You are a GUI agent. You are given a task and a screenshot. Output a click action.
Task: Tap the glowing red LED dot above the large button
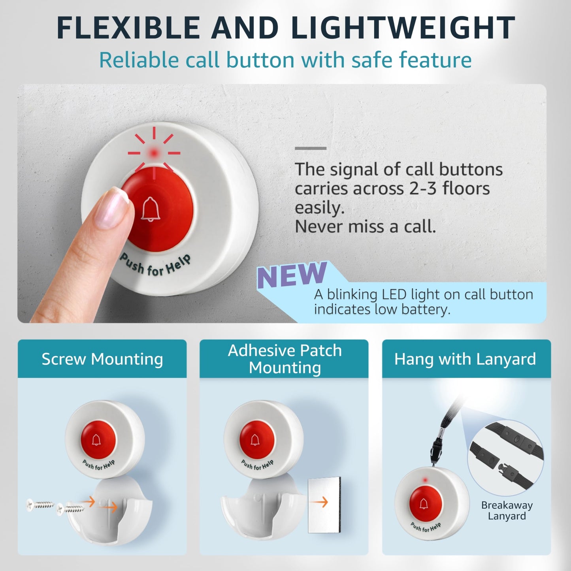pyautogui.click(x=153, y=152)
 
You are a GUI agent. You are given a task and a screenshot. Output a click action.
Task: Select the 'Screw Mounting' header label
pyautogui.click(x=102, y=359)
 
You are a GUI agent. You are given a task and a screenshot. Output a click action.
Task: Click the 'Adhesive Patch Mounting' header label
pyautogui.click(x=285, y=359)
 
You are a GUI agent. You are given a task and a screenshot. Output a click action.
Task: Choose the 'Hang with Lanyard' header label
pyautogui.click(x=465, y=359)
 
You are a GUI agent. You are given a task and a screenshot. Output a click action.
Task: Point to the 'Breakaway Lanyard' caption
pyautogui.click(x=507, y=510)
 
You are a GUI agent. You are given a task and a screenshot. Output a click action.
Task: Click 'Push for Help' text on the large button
pyautogui.click(x=155, y=266)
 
